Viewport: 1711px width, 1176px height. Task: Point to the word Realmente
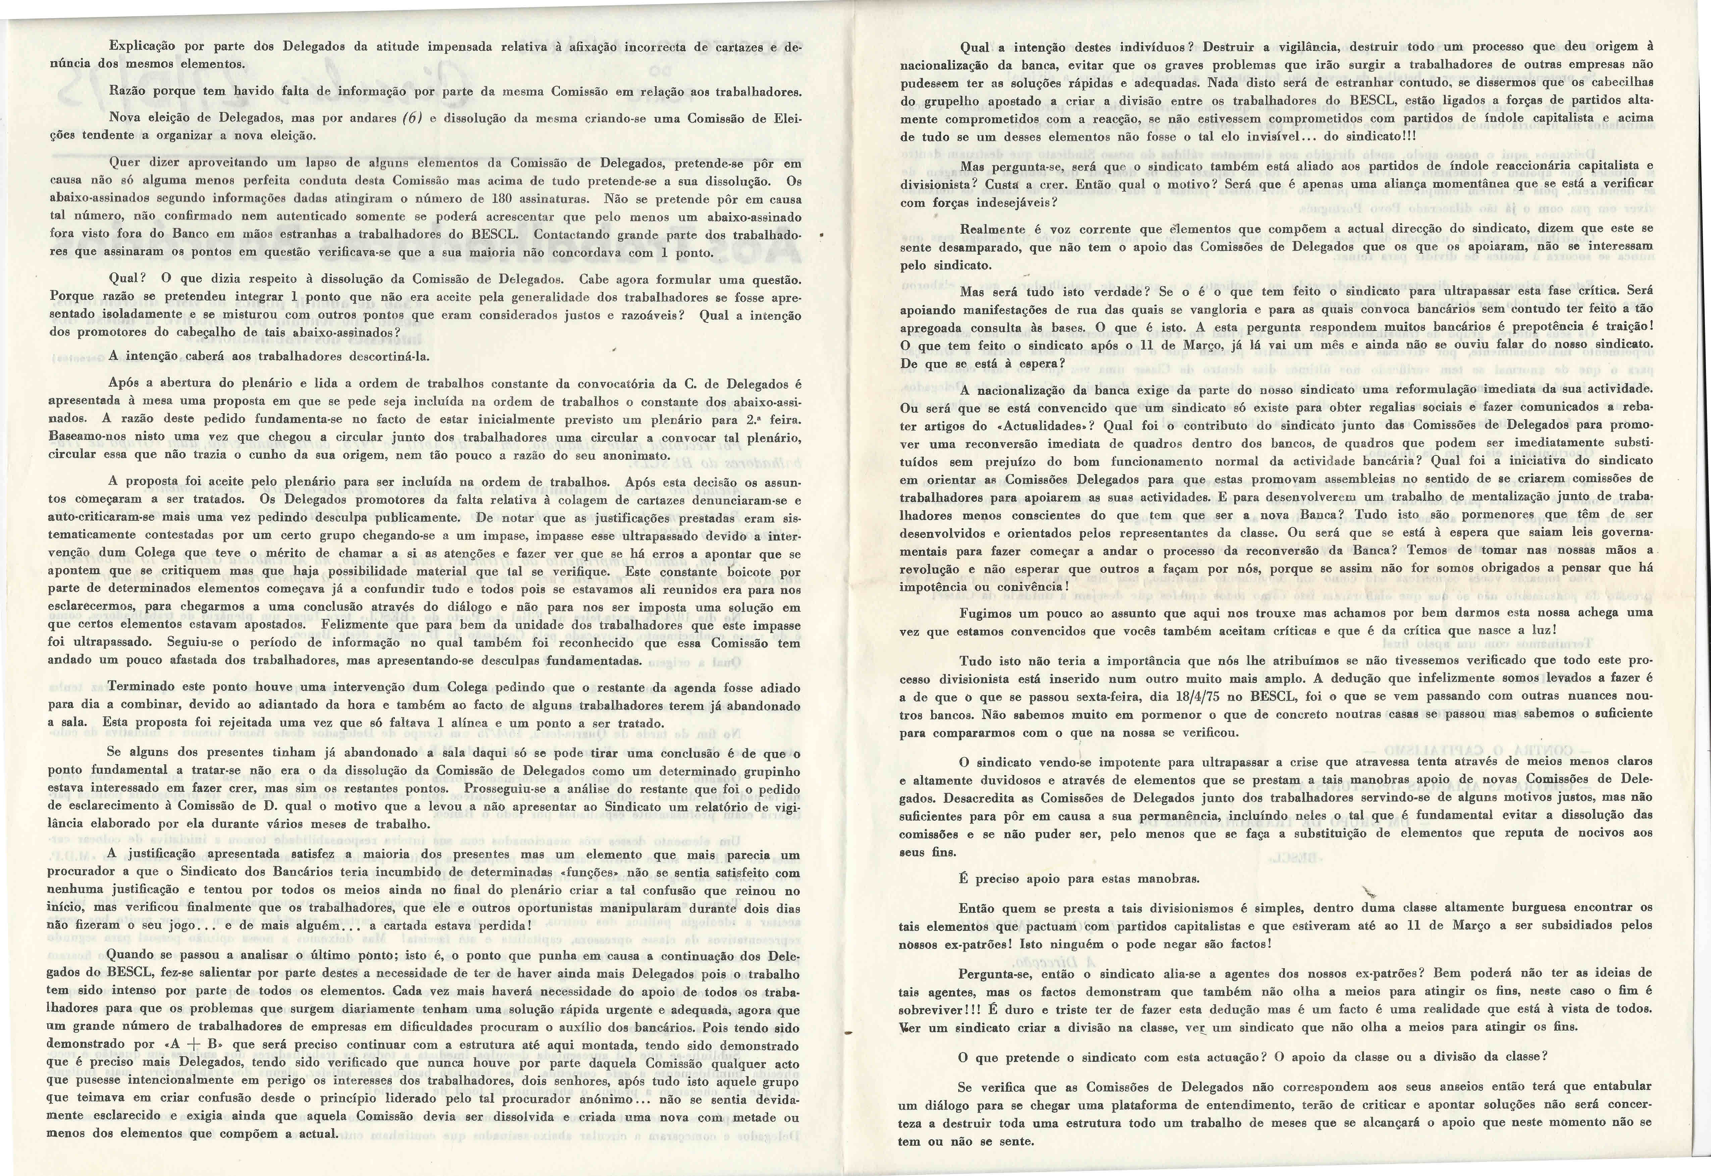tap(991, 229)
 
